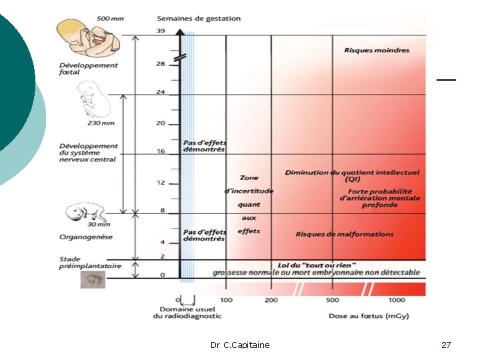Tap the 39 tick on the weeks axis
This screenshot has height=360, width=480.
click(161, 31)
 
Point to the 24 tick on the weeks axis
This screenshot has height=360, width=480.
click(161, 92)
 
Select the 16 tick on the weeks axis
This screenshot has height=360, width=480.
click(161, 151)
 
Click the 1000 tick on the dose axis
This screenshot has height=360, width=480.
click(397, 301)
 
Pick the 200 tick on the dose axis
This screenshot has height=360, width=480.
click(271, 301)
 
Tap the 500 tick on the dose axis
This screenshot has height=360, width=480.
click(332, 301)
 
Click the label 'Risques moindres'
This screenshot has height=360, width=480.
click(377, 50)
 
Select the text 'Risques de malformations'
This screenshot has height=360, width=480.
click(345, 234)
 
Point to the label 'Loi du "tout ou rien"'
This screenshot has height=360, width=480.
click(317, 265)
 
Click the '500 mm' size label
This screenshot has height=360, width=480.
click(110, 18)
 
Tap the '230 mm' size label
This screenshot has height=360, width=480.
click(100, 123)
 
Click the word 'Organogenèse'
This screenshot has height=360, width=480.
click(86, 237)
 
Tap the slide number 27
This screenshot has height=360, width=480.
click(446, 345)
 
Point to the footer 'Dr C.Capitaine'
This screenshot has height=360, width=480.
click(240, 345)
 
